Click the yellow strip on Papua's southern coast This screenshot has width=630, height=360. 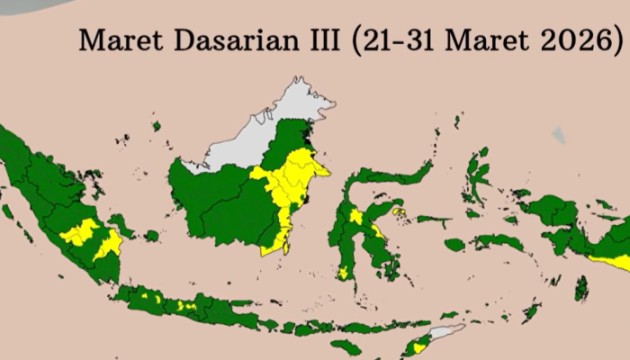(x=612, y=261)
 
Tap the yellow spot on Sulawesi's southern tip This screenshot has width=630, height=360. (x=343, y=271)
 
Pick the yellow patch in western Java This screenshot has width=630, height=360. (x=148, y=296)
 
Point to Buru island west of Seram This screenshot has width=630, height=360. (x=455, y=244)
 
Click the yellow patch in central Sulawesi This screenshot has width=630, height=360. (x=356, y=217)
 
